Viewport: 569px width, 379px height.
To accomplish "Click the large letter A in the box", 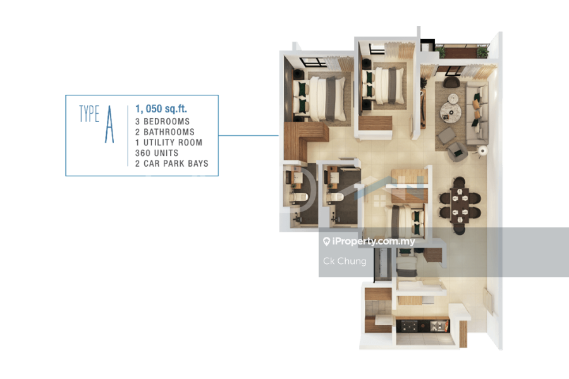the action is point(109,124).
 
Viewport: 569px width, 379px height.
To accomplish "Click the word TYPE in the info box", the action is point(89,114).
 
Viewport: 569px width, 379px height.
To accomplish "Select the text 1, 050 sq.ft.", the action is point(161,109).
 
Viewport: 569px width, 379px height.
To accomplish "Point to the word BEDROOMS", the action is point(166,121).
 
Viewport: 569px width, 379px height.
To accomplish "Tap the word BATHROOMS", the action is point(169,132).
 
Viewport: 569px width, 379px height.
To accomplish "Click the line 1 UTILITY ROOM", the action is point(169,143).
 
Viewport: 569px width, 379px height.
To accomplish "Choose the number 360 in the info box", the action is point(143,153).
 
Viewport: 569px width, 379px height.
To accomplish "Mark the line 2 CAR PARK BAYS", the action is point(171,164).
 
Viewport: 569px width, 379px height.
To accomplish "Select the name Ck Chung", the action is point(345,261).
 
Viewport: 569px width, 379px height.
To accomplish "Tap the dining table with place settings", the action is point(460,205).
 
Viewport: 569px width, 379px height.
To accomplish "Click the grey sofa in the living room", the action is point(477,113).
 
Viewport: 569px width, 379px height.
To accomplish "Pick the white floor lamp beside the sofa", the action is point(482,150).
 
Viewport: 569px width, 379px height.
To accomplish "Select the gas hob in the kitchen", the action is point(408,327).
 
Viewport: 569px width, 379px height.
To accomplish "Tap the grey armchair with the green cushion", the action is point(457,152).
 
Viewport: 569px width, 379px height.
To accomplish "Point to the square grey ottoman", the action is point(447,135).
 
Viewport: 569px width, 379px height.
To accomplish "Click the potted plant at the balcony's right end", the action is point(482,52).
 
